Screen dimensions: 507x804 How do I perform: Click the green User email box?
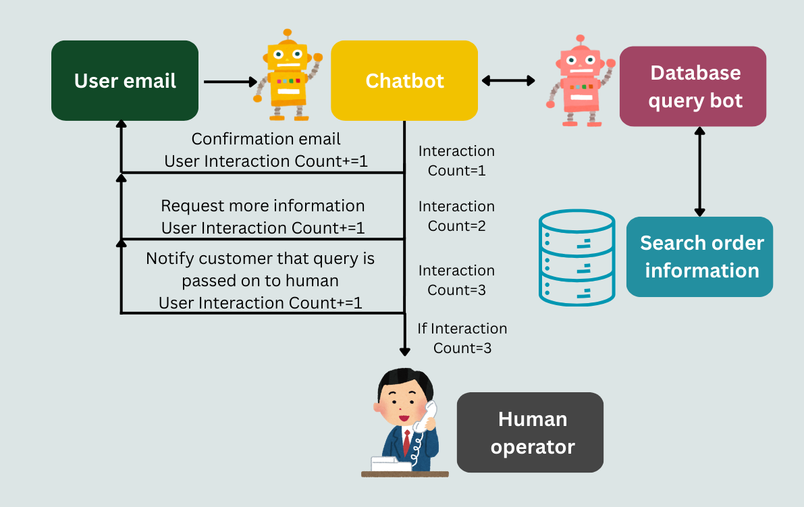(x=125, y=81)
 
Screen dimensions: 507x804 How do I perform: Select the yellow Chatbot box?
(x=404, y=81)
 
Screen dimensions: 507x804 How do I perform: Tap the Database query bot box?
(x=693, y=86)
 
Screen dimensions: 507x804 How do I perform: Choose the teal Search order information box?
(x=700, y=257)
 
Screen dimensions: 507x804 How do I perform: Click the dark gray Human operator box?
(x=531, y=433)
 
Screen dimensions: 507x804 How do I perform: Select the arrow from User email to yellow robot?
(x=230, y=82)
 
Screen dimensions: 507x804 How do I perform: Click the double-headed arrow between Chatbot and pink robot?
(x=508, y=81)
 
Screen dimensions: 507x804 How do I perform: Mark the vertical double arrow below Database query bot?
(x=699, y=171)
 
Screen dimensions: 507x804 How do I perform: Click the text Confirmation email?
(x=266, y=139)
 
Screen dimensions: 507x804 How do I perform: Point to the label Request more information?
(x=263, y=206)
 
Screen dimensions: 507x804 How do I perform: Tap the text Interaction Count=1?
(x=456, y=161)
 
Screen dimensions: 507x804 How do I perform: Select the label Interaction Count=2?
(x=456, y=216)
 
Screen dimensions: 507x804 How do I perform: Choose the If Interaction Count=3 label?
(x=462, y=338)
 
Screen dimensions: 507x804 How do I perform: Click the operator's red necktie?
(x=406, y=442)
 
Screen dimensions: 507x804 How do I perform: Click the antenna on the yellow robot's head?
(x=288, y=34)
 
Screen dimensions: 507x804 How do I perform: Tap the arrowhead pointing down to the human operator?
(x=404, y=350)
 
